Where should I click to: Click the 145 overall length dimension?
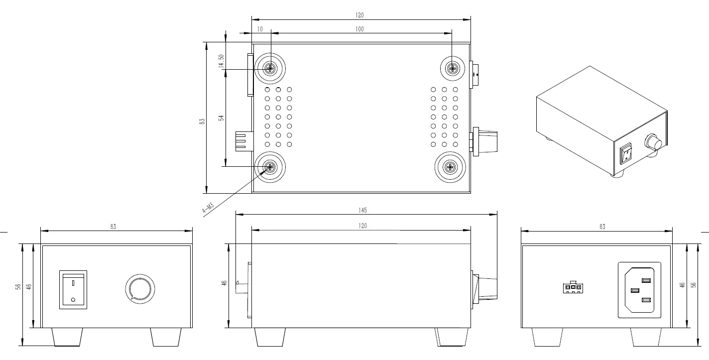tap(366, 210)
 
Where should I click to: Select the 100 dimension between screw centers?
tap(359, 29)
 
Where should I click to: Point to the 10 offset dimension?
tap(260, 29)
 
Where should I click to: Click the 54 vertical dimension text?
tap(221, 118)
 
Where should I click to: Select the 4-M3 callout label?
tap(208, 208)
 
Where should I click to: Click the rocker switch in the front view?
tap(73, 289)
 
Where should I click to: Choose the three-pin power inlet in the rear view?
tap(639, 290)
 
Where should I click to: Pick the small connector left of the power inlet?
tap(573, 288)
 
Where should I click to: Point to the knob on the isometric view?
tap(653, 142)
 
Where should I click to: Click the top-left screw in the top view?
tap(270, 68)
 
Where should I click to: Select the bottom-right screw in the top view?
tap(451, 167)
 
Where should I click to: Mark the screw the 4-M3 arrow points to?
tap(270, 167)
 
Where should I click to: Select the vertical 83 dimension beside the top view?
tap(202, 121)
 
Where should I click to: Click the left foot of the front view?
tap(67, 337)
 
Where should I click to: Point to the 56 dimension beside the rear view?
tap(693, 285)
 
